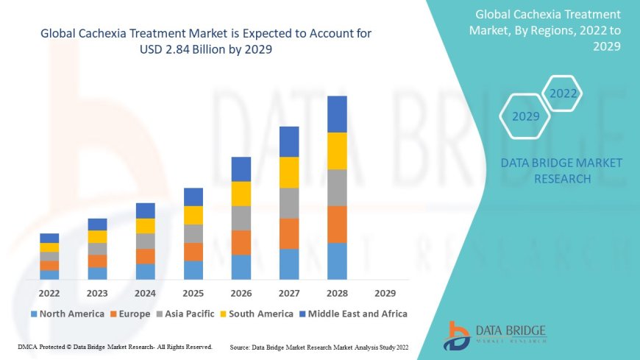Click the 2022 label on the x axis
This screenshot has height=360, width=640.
click(x=49, y=292)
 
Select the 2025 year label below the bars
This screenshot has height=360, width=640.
click(x=193, y=292)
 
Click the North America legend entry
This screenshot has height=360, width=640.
click(x=67, y=314)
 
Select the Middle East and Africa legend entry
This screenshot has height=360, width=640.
click(x=353, y=314)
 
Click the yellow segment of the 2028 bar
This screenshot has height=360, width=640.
click(x=337, y=151)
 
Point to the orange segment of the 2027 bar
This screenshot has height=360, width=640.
click(x=289, y=233)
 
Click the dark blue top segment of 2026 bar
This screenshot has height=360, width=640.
click(x=241, y=169)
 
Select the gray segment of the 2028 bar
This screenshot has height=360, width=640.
click(x=337, y=187)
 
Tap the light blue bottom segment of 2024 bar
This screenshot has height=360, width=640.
click(x=146, y=272)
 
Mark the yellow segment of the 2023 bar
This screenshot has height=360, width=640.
click(x=97, y=236)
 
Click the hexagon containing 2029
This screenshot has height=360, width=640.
click(x=525, y=116)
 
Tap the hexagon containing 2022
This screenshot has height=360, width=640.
click(x=563, y=93)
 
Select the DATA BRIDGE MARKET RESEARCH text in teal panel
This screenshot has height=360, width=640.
click(x=561, y=170)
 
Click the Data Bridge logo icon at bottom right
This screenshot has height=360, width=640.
click(x=457, y=336)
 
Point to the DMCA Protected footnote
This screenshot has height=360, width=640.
click(x=115, y=346)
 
